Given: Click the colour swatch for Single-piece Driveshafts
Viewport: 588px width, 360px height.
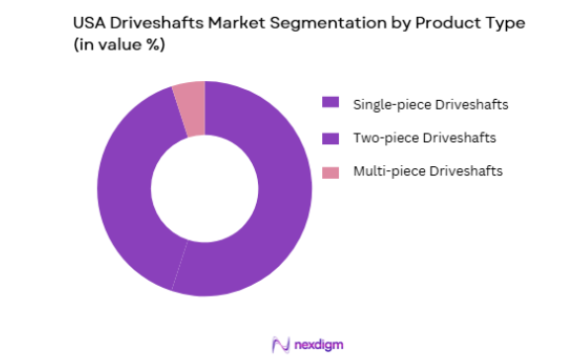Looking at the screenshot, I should (331, 102).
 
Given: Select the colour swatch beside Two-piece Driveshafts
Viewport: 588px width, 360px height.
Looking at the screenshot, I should (331, 137).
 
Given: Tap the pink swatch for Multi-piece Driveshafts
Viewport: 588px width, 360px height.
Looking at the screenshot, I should (331, 172).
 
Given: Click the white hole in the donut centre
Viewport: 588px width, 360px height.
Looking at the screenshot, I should (205, 188).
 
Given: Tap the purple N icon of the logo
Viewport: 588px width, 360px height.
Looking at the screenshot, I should (280, 343).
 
